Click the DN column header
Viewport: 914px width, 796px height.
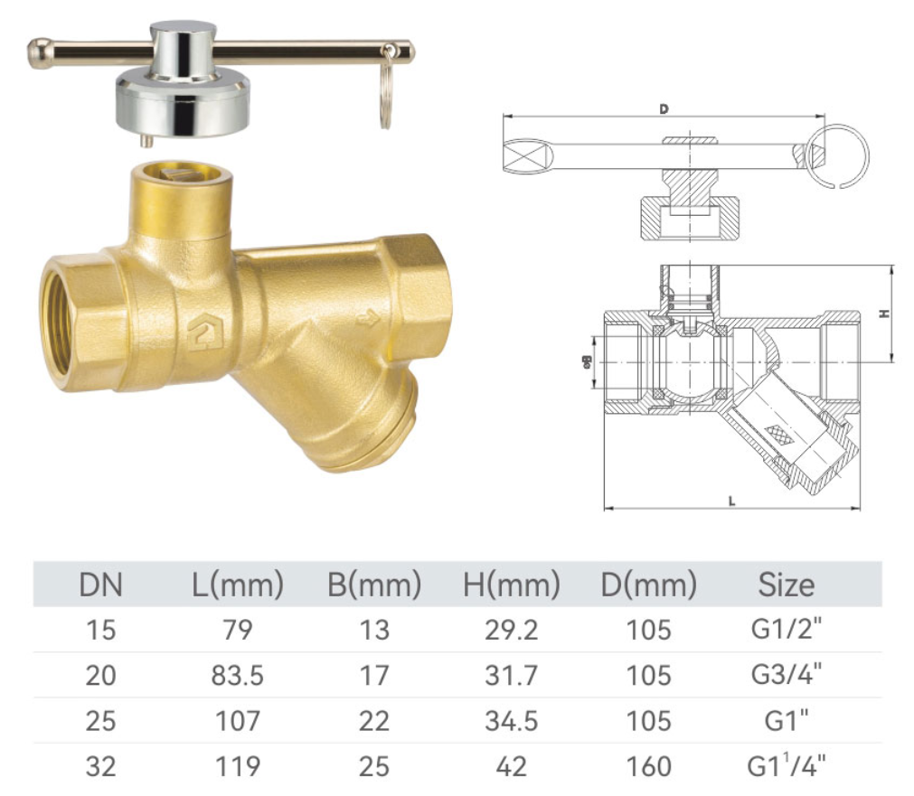coord(99,585)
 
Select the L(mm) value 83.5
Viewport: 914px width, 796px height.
coord(239,675)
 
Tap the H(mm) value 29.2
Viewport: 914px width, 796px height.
coord(511,629)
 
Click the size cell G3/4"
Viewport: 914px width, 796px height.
coord(786,675)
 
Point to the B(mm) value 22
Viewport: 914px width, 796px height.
coord(373,721)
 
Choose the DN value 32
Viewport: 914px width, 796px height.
coord(100,766)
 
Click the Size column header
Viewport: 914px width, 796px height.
coord(786,585)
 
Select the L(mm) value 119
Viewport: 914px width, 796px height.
coord(239,766)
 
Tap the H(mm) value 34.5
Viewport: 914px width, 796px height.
coord(511,721)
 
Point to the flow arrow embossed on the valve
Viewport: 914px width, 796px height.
coord(366,318)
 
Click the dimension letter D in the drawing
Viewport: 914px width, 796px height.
coord(664,109)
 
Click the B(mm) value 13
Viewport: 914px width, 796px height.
coord(373,629)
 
